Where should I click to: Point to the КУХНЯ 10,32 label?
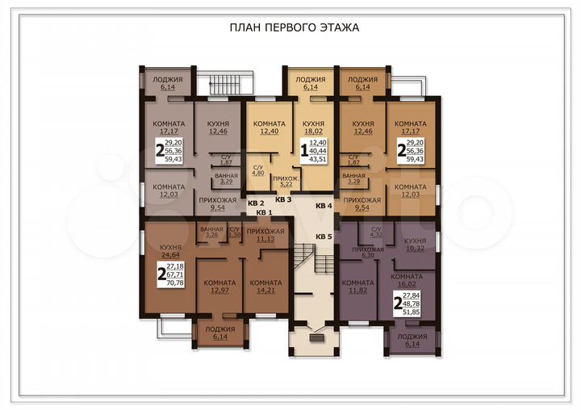(415, 245)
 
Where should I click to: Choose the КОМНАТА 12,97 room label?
(219, 287)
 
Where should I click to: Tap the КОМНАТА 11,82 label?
(357, 287)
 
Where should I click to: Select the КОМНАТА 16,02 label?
(406, 280)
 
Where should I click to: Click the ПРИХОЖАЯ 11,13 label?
(265, 235)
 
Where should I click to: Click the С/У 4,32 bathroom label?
(375, 233)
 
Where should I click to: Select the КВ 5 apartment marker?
(324, 236)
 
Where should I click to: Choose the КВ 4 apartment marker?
(324, 206)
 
